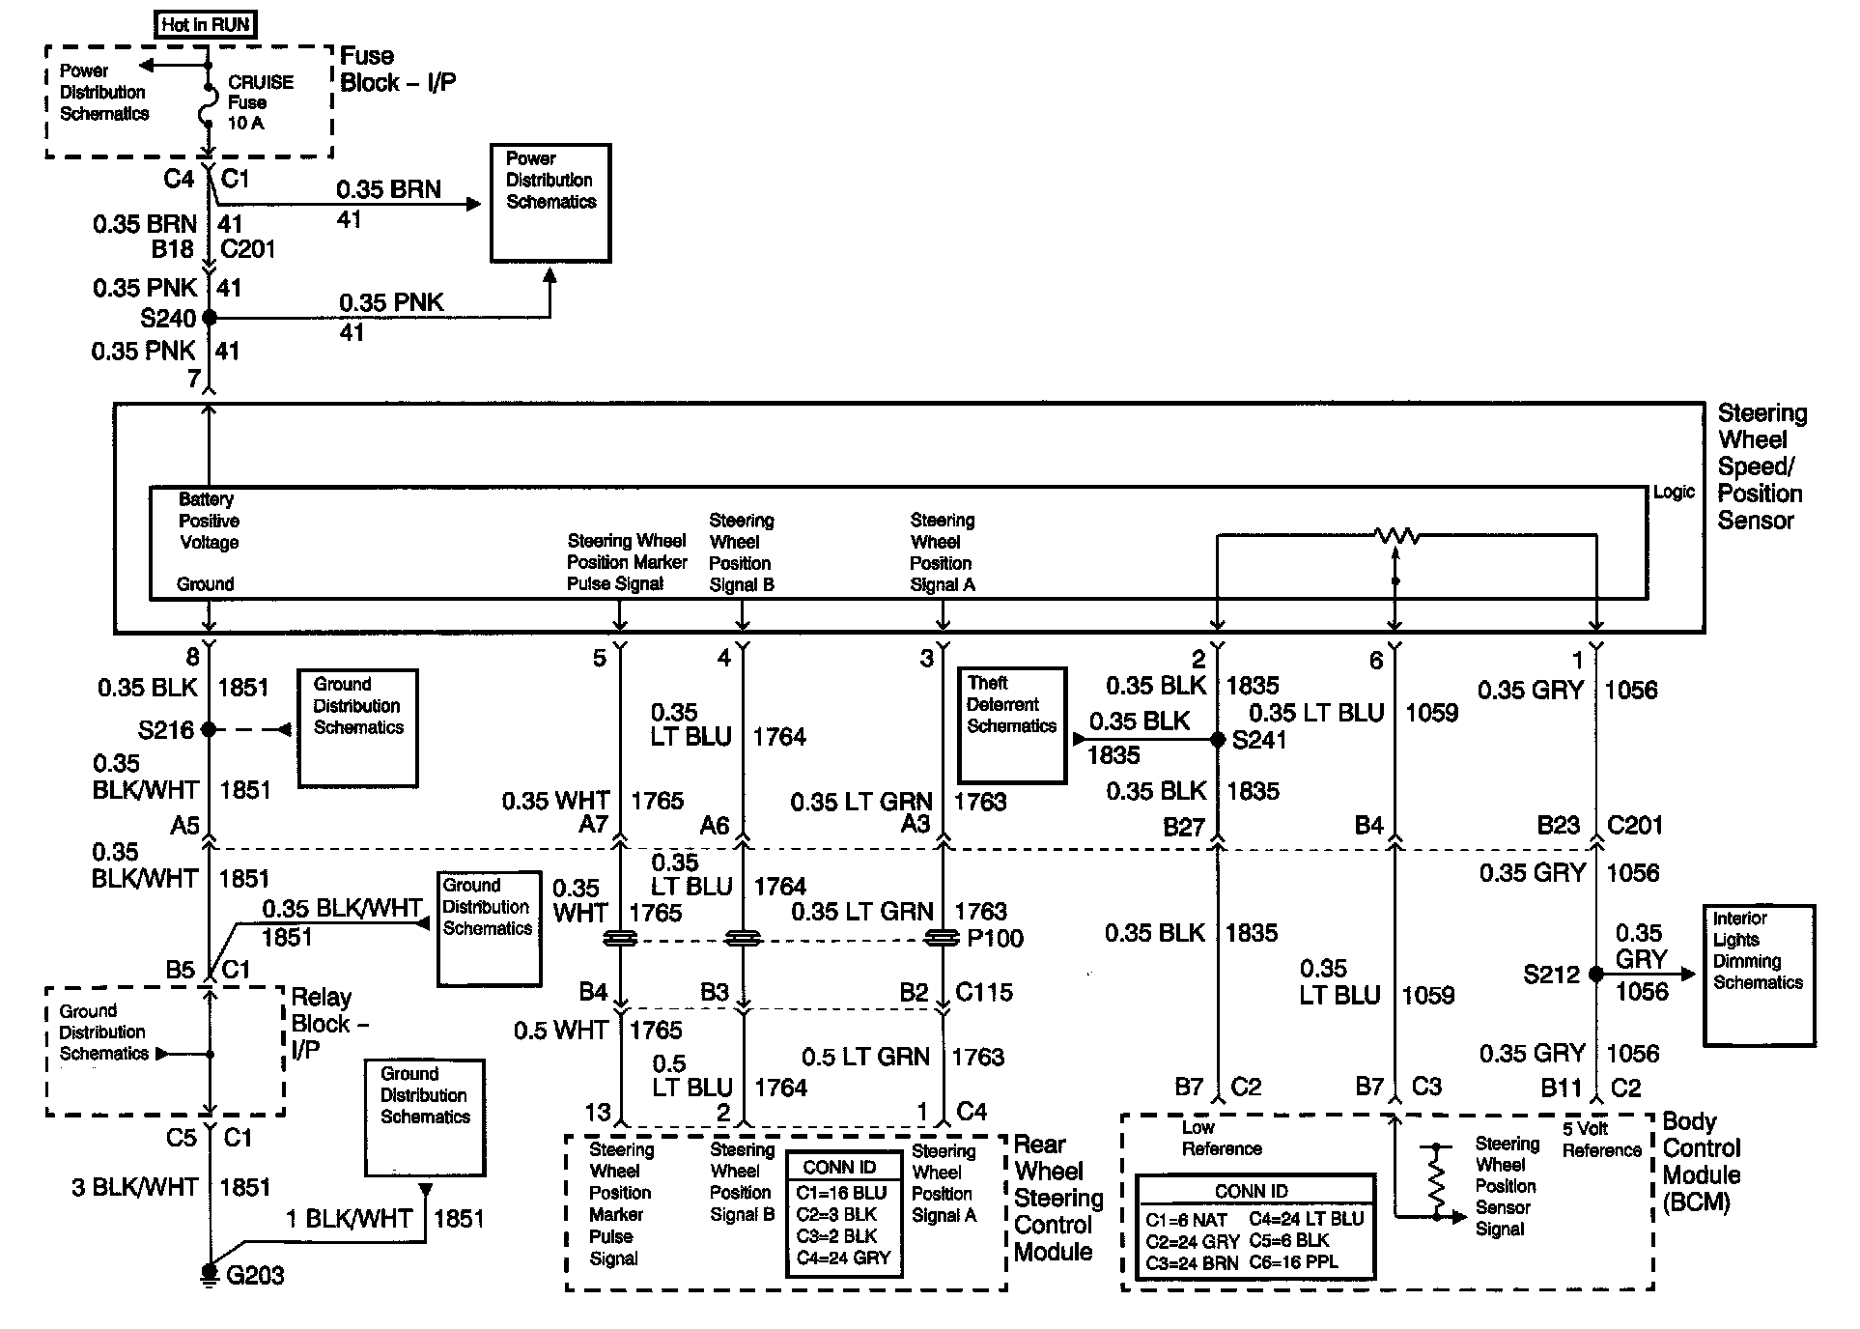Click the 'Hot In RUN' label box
click(x=206, y=24)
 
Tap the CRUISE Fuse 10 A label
click(x=260, y=102)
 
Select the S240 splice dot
click(x=209, y=317)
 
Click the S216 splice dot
click(x=209, y=730)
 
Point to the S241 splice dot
click(x=1218, y=740)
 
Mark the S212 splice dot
click(x=1595, y=975)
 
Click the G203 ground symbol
click(x=209, y=1273)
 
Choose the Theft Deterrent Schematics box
click(x=1012, y=724)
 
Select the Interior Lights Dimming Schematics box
click(x=1759, y=975)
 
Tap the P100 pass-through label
click(x=995, y=938)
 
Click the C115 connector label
click(x=983, y=992)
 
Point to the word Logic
click(x=1674, y=492)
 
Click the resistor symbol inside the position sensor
click(x=1395, y=535)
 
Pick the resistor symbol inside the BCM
click(x=1436, y=1178)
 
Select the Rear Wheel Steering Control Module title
click(x=1057, y=1198)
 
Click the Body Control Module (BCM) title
click(x=1702, y=1162)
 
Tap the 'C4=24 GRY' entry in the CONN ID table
click(x=843, y=1258)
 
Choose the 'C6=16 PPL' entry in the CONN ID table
click(x=1293, y=1261)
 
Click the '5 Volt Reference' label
click(x=1600, y=1139)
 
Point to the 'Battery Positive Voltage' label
click(x=209, y=521)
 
